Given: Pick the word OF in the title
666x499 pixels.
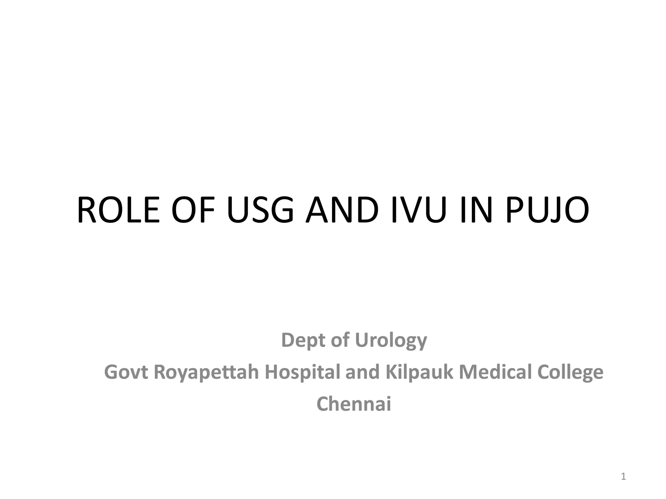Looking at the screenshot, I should click(189, 210).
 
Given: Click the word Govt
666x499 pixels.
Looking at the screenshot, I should click(126, 372).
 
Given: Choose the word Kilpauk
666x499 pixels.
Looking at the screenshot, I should click(419, 372).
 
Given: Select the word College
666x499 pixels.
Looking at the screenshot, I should click(570, 372).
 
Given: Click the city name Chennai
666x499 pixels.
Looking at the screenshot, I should click(354, 404).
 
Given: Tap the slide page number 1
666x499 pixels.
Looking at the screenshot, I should click(623, 477).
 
